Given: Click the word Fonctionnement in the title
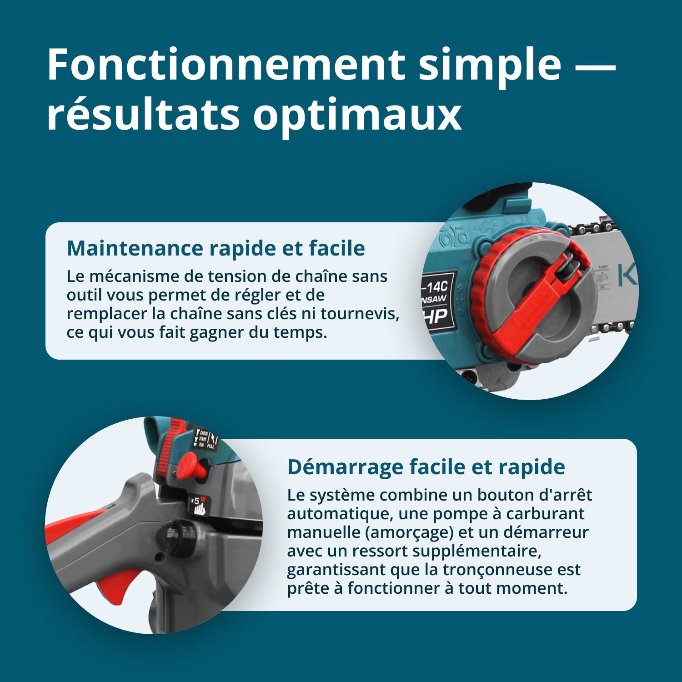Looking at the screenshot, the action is click(x=226, y=65).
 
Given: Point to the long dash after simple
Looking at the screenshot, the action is click(x=595, y=69).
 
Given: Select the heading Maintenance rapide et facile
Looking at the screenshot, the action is click(x=216, y=249).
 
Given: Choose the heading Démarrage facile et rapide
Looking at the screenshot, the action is click(x=426, y=467).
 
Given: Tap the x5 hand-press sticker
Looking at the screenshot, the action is click(x=198, y=505).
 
